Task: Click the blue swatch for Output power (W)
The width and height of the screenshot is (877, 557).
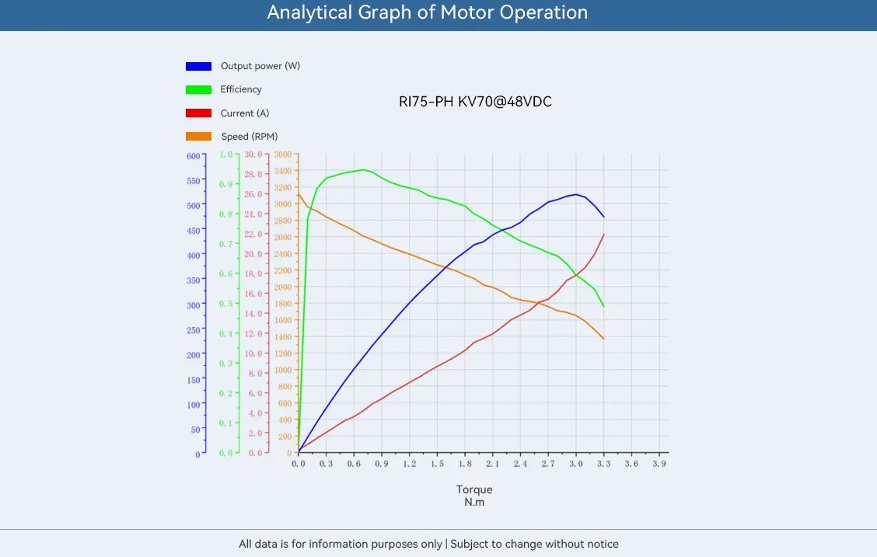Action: click(x=198, y=66)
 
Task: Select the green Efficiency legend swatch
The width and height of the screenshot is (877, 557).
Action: click(x=198, y=89)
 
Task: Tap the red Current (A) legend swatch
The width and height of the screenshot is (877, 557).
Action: click(x=198, y=113)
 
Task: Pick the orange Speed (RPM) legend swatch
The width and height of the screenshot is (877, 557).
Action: click(x=198, y=137)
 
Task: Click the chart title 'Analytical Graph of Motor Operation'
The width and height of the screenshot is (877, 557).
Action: click(x=427, y=13)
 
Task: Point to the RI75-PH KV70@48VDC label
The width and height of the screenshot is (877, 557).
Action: click(x=474, y=102)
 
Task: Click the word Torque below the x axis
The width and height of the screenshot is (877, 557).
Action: click(x=474, y=489)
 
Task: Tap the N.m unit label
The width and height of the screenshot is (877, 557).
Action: click(x=474, y=502)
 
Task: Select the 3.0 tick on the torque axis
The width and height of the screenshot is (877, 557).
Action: click(x=575, y=464)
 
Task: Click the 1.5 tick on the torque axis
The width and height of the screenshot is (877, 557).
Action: click(x=437, y=464)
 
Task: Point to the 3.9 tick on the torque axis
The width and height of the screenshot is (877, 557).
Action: click(x=659, y=464)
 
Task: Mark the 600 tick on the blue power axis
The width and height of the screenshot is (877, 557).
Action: click(x=192, y=155)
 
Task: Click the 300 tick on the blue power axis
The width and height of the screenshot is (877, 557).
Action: click(x=192, y=305)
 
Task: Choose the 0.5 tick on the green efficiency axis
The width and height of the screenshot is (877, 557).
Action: click(x=225, y=304)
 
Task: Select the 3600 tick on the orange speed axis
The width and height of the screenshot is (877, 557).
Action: click(x=282, y=155)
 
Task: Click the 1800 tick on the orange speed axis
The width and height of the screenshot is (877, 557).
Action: click(x=282, y=304)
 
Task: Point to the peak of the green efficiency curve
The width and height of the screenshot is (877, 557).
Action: click(x=363, y=169)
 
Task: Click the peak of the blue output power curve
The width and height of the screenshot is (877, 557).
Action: click(x=575, y=194)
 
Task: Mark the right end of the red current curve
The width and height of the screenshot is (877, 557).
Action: click(x=603, y=235)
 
